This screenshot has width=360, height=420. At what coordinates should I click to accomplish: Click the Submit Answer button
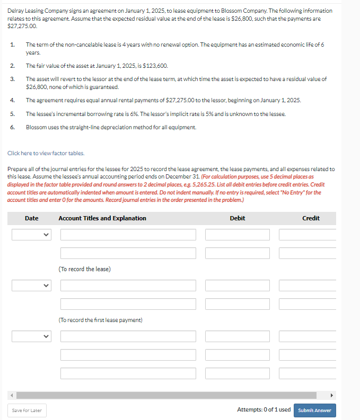(314, 410)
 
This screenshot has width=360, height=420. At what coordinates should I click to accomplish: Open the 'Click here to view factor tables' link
(46, 153)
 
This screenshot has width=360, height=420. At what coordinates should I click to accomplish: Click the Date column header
(31, 218)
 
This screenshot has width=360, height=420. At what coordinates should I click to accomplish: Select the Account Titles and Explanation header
(102, 218)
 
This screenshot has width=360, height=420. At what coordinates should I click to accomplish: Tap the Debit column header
(237, 218)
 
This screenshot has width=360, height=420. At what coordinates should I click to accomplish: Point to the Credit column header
(311, 218)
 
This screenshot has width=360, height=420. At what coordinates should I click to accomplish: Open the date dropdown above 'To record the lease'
(31, 235)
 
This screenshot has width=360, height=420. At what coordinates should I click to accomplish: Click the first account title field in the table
(128, 235)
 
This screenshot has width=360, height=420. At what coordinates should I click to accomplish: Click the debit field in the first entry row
(237, 235)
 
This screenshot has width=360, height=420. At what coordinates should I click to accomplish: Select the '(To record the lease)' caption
(85, 269)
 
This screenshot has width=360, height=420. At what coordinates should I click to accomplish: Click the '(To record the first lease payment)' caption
(100, 320)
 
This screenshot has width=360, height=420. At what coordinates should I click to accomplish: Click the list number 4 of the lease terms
(12, 100)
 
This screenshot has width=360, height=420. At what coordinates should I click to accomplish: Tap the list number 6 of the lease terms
(12, 127)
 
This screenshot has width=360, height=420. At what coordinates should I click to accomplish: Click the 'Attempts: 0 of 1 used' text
(264, 410)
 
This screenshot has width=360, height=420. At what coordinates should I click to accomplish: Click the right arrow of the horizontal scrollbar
(332, 395)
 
